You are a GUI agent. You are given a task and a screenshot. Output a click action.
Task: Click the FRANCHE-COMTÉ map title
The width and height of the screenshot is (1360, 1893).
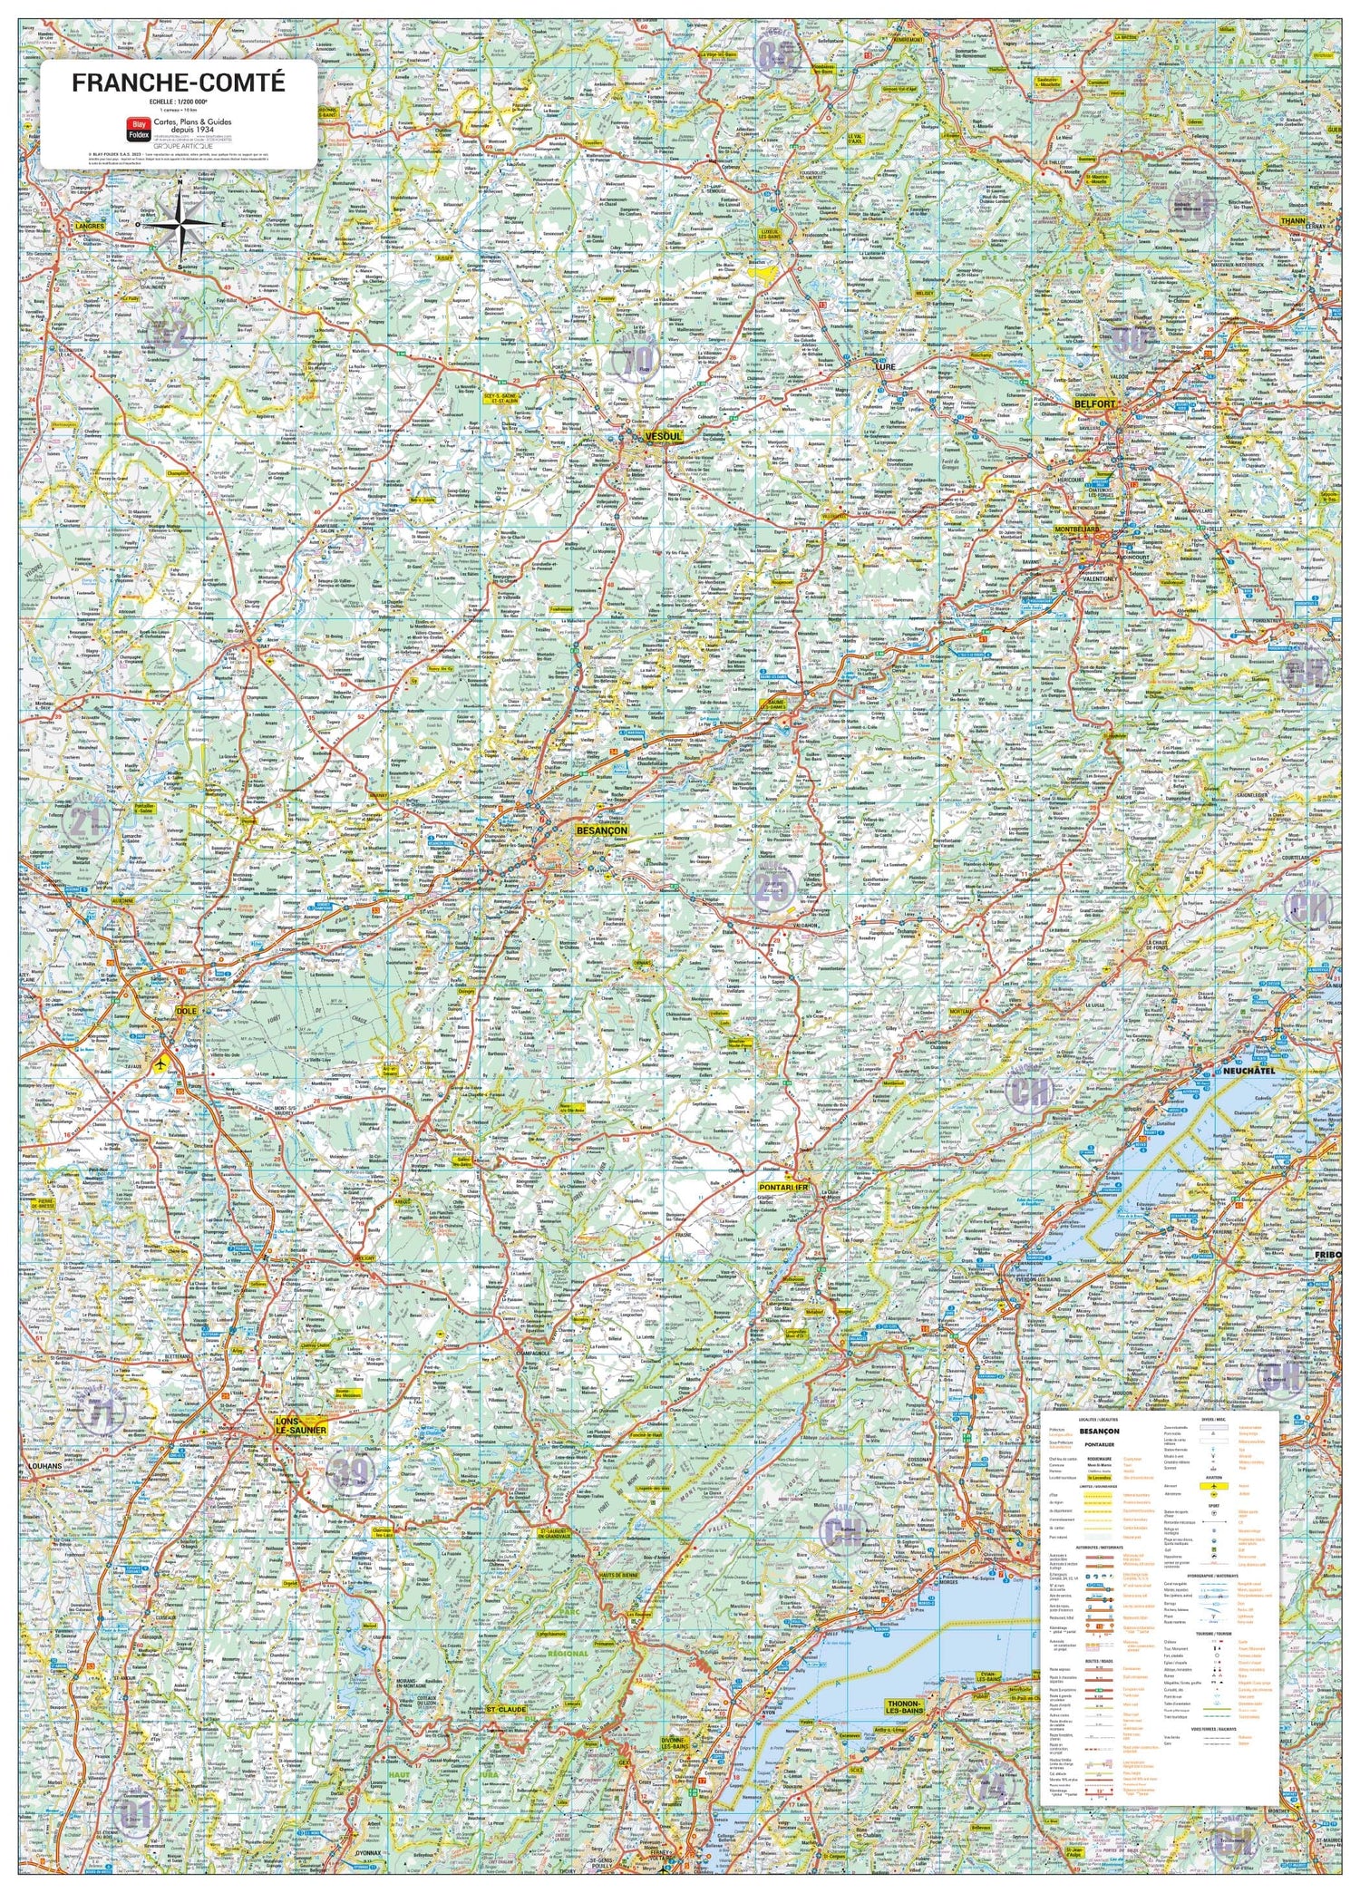coord(179,83)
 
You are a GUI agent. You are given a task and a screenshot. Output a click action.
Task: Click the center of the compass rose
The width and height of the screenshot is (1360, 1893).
coord(184,224)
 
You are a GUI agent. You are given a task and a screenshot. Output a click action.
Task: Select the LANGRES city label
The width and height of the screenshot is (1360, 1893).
coord(90,225)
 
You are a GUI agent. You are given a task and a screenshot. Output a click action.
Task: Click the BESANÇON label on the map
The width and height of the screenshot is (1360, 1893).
coord(601,830)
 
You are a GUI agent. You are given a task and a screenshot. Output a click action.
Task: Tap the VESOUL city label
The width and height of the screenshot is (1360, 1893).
coord(663,436)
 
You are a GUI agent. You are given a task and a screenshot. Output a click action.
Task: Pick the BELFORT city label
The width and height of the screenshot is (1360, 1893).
coord(1094,403)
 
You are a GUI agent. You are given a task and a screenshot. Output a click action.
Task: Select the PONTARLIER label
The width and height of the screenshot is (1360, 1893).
coord(783,1186)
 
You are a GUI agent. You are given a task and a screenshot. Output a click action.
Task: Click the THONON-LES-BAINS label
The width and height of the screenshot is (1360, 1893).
coord(903,1708)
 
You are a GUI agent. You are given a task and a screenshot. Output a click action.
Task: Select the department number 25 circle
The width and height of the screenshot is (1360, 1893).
coord(772,888)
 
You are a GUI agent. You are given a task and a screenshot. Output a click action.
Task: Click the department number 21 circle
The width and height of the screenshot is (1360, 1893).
coord(86,822)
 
